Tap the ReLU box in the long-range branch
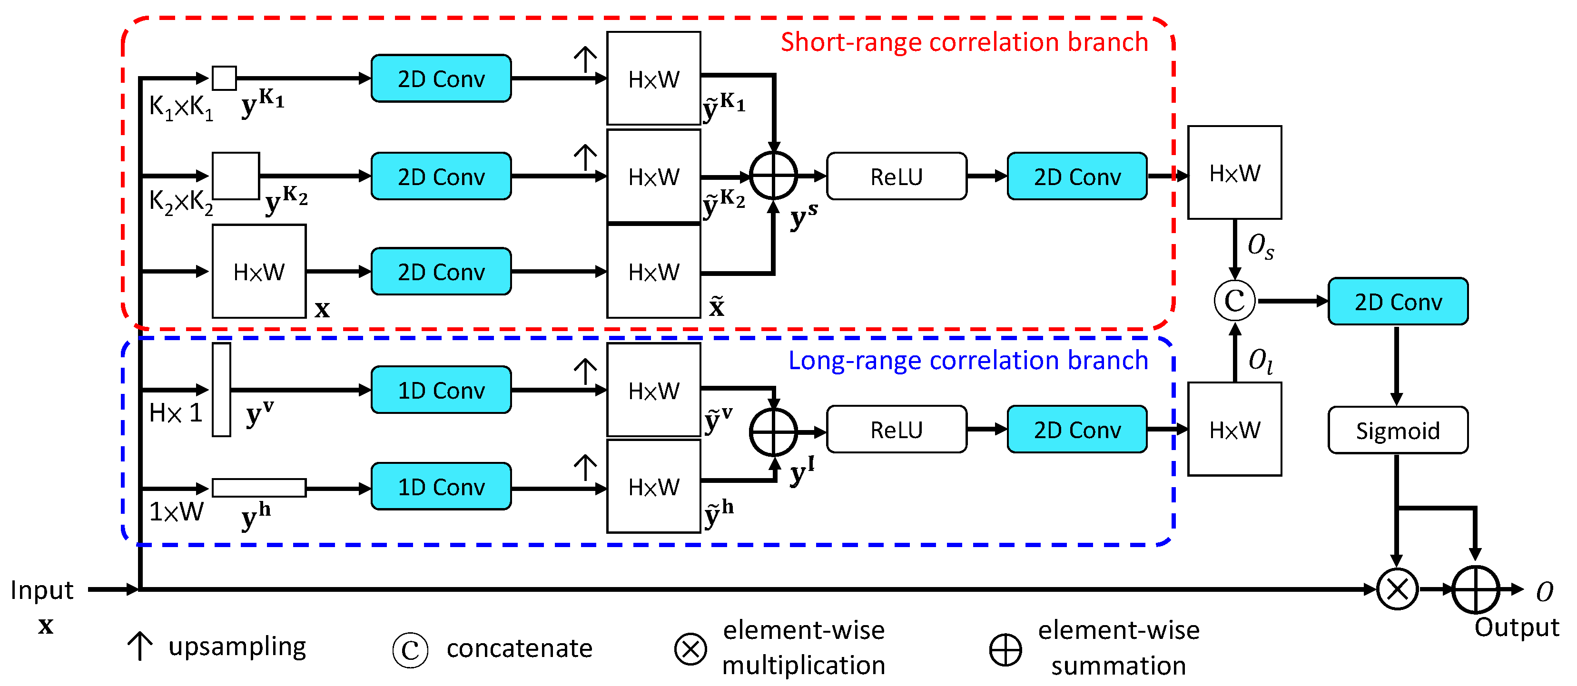(x=896, y=430)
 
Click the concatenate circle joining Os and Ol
(x=1235, y=301)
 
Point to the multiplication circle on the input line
(x=1398, y=589)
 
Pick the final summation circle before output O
(x=1475, y=589)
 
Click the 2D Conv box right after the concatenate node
(x=1398, y=301)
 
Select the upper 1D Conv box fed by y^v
(x=441, y=390)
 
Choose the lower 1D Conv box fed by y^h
(x=441, y=487)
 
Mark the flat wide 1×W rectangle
(x=259, y=488)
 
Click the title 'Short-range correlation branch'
(x=964, y=41)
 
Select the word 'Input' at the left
(x=41, y=590)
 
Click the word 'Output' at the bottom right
(x=1517, y=627)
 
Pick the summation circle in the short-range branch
(x=774, y=176)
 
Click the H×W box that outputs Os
(x=1235, y=173)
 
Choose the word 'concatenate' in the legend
(x=519, y=648)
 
